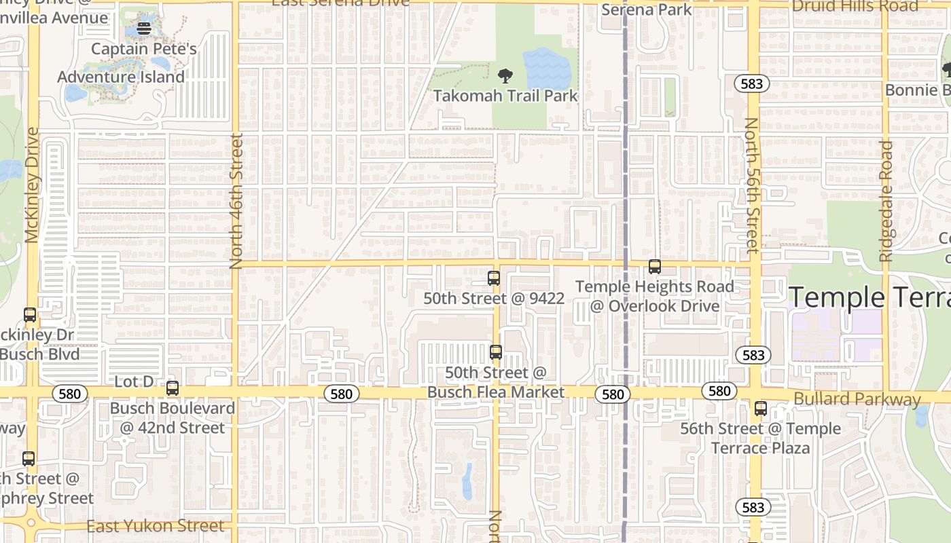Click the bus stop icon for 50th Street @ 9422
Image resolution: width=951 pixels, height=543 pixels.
click(x=494, y=278)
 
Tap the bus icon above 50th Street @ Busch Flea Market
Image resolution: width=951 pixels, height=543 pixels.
click(x=496, y=352)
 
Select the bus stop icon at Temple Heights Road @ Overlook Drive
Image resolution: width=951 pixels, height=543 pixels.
click(x=655, y=267)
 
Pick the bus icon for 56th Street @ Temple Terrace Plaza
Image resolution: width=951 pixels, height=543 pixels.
click(x=761, y=409)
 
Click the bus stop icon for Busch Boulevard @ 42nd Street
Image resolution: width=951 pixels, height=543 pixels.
click(x=173, y=388)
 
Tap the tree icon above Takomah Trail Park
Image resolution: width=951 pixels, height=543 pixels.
click(x=505, y=75)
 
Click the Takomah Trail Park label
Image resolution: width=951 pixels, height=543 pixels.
click(x=505, y=96)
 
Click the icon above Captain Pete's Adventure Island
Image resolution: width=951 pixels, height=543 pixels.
click(x=144, y=29)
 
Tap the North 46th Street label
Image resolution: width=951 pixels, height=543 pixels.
click(x=236, y=201)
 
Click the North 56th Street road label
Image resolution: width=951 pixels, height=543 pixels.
click(x=751, y=185)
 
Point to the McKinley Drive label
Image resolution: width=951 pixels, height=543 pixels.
click(x=32, y=185)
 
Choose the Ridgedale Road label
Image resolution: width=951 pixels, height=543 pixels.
click(x=885, y=201)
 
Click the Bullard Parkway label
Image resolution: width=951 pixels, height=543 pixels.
click(x=857, y=398)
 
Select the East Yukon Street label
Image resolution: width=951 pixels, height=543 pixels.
click(x=156, y=526)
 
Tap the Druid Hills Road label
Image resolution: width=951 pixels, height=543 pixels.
click(x=855, y=6)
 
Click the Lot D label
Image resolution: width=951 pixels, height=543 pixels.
click(x=134, y=381)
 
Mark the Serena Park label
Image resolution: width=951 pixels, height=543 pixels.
click(x=646, y=9)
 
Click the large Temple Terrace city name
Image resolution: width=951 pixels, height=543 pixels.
click(x=869, y=297)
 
